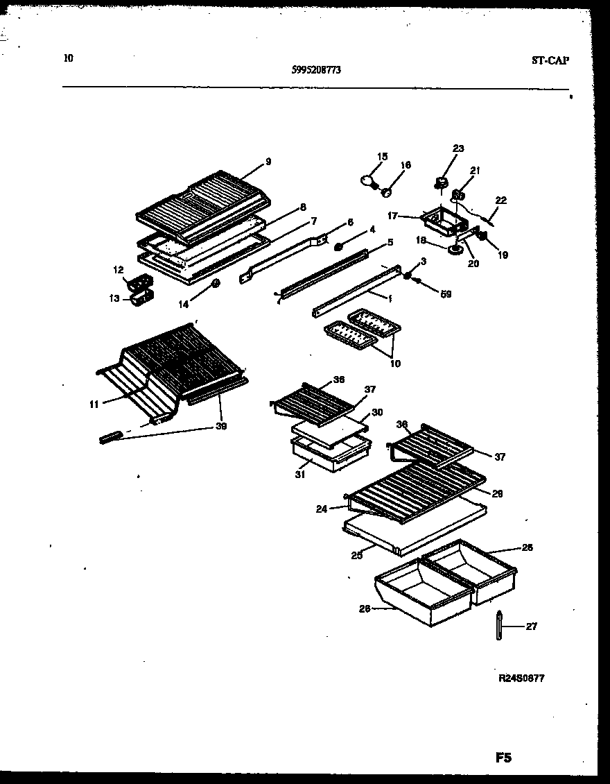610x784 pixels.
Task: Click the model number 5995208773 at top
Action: click(x=315, y=69)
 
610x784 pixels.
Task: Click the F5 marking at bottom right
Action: click(x=503, y=758)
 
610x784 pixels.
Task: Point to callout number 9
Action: click(x=268, y=162)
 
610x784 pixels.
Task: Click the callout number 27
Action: click(x=531, y=627)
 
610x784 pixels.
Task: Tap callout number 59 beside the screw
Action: click(x=446, y=294)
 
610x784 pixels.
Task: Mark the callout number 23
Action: click(x=458, y=148)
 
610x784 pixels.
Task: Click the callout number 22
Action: click(x=500, y=201)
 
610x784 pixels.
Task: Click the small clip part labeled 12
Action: click(x=139, y=282)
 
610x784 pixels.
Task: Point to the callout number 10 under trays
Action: click(x=394, y=363)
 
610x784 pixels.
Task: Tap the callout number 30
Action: click(x=377, y=411)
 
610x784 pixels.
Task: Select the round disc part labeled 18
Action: click(x=455, y=250)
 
